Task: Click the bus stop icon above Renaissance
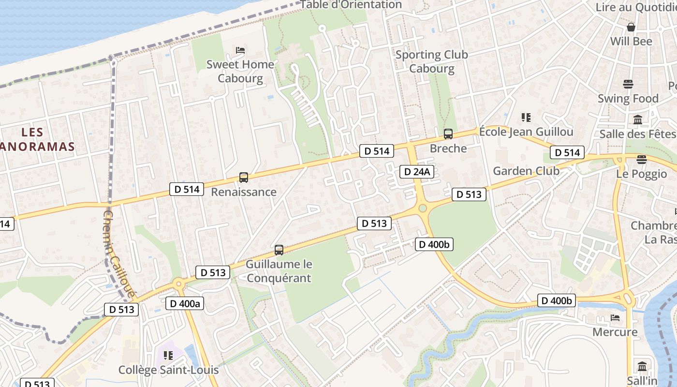coord(244,178)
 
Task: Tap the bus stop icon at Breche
coord(448,134)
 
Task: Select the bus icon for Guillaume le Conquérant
coord(279,250)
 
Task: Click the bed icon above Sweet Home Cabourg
coord(240,50)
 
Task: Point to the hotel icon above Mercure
coord(615,318)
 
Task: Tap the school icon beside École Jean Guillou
coord(526,117)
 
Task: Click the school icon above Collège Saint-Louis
coord(168,356)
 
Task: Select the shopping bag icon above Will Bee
coord(631,27)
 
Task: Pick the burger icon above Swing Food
coord(628,84)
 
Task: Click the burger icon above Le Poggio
coord(642,160)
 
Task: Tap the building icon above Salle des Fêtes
coord(638,119)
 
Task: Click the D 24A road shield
coord(417,172)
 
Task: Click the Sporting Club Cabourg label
coord(432,61)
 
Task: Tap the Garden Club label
coord(526,171)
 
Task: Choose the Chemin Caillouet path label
coord(118,254)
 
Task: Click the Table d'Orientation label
coord(352,5)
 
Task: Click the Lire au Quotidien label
coord(636,7)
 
